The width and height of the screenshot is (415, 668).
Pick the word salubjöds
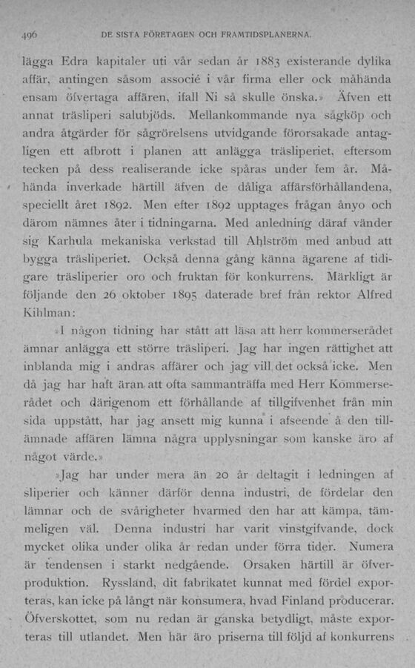[152, 116]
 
